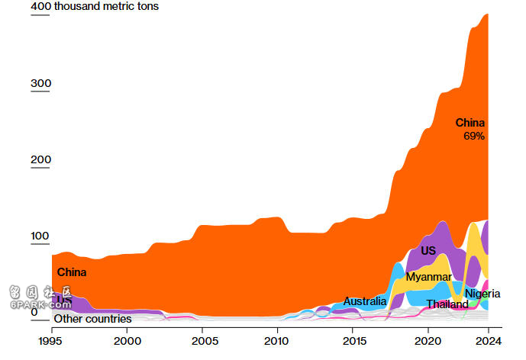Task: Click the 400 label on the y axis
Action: pos(40,7)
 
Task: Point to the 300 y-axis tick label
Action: pos(40,83)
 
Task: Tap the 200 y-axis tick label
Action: pos(40,160)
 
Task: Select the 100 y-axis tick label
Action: pos(40,236)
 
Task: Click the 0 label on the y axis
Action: pos(34,313)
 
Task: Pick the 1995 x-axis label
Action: pos(52,341)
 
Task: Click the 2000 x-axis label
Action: pos(127,341)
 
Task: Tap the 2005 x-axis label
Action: pos(202,341)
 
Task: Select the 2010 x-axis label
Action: pos(277,341)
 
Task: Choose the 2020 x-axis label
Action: pos(427,341)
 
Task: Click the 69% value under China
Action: pos(474,137)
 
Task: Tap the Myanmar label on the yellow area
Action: pos(428,277)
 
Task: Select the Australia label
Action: pos(365,301)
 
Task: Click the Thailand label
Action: pos(447,304)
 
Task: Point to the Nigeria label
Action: pos(482,294)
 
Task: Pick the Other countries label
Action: pos(92,319)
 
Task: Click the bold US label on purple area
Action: pos(428,251)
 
